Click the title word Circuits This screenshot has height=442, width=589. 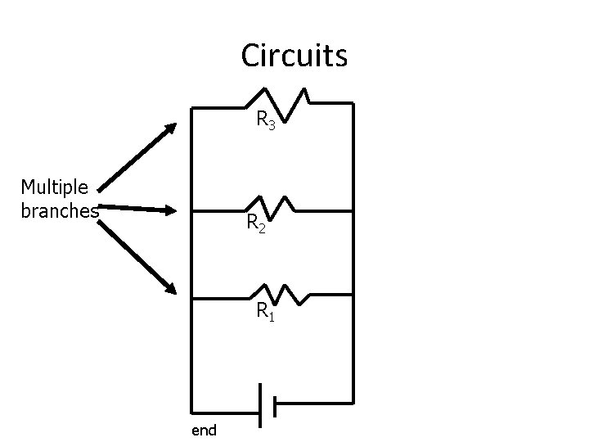pos(294,56)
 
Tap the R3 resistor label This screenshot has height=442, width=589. pos(266,120)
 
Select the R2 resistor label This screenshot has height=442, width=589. pos(256,223)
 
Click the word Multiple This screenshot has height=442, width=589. pos(55,187)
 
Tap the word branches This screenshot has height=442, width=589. pos(60,211)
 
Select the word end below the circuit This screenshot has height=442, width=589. pos(204,431)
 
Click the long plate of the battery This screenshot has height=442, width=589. pos(260,405)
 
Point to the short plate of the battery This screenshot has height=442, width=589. pos(275,406)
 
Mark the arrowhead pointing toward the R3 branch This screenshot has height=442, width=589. pos(171,128)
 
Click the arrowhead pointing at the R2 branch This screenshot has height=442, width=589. pos(171,210)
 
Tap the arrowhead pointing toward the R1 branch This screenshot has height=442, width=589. pos(171,289)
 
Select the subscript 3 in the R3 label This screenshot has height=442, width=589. pos(272,124)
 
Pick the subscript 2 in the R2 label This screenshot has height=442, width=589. pos(262,228)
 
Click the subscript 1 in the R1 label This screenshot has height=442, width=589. pos(272,317)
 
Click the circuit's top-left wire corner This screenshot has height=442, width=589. pos(191,108)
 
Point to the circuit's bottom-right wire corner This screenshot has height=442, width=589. pos(353,404)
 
